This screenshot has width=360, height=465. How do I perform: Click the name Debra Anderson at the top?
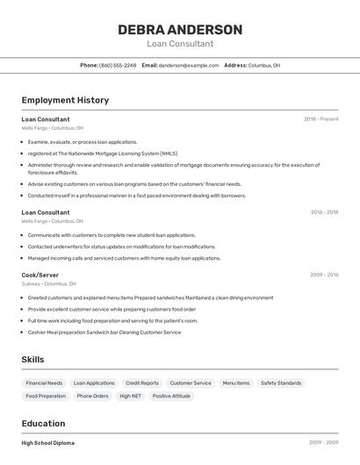[x=180, y=30]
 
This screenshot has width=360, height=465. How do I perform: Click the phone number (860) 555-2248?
[x=118, y=66]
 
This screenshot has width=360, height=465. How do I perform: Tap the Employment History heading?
[x=65, y=100]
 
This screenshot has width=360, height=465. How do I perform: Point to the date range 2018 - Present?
[x=320, y=118]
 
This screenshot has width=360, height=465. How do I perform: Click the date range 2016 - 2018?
[x=324, y=212]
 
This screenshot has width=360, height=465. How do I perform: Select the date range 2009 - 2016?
[x=324, y=275]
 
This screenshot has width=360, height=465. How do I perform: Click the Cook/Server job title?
[x=40, y=275]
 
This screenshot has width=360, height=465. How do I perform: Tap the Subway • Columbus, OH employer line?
[x=48, y=284]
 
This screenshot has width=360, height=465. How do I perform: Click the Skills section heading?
[x=32, y=360]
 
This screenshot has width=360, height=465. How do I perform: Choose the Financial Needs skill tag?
[x=44, y=383]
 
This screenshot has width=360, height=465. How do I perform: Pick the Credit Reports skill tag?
[x=142, y=383]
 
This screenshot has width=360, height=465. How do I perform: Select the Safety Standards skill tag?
[x=281, y=383]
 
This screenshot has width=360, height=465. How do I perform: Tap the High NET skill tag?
[x=130, y=397]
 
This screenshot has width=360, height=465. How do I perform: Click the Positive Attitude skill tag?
[x=171, y=397]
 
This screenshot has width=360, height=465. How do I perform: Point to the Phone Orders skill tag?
[x=92, y=397]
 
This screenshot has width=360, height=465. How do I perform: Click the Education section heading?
[x=43, y=423]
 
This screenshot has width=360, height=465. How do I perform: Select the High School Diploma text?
[x=48, y=443]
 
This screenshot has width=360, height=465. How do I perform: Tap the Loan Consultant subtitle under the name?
[x=180, y=44]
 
